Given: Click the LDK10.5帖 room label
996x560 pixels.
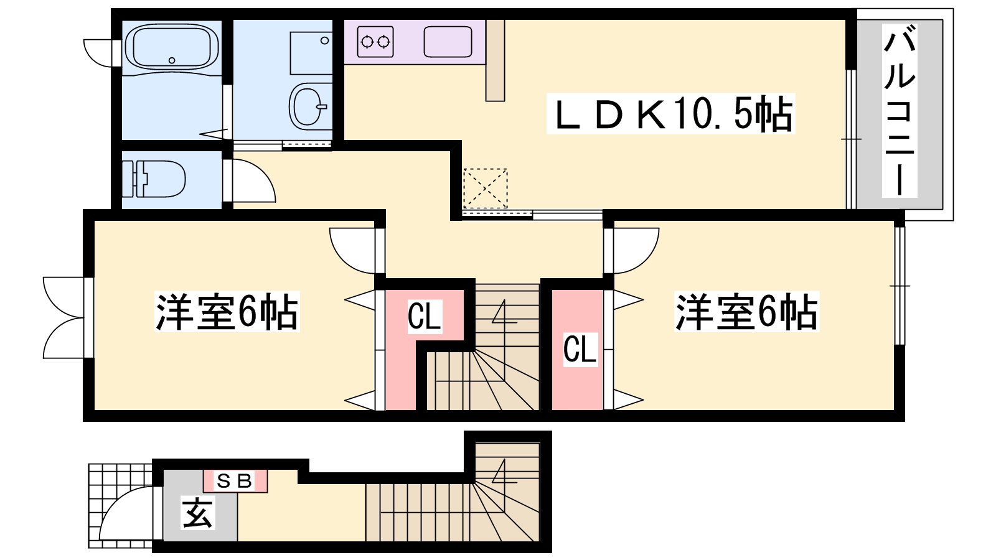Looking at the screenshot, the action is coord(671,113).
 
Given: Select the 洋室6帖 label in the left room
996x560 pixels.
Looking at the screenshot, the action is coord(227,312).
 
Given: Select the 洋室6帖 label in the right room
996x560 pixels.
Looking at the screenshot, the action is coord(746,312).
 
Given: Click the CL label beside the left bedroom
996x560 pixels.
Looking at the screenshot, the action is coord(425,316).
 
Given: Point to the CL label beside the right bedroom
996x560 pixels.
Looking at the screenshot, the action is coord(580,349).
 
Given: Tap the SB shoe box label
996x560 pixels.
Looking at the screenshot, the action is coord(235,480).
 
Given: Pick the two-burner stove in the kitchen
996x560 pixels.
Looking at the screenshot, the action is coord(375,42).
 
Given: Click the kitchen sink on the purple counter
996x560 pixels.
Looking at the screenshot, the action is coord(448,42).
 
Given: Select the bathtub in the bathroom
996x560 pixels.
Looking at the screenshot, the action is coord(172,48).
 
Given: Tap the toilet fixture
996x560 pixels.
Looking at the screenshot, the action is coord(154,179).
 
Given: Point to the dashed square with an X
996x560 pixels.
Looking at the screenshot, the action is coord(485,189).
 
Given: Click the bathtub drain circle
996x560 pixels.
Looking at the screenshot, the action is coord(172,60).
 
